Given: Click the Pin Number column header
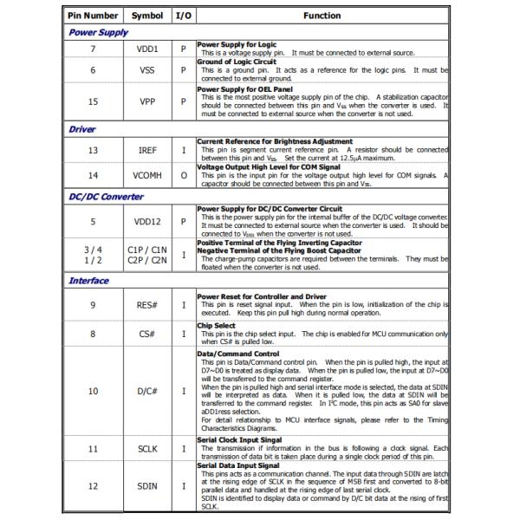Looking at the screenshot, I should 94,16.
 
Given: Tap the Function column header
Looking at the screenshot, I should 322,16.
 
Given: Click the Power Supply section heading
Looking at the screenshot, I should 98,32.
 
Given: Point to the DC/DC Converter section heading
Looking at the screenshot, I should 106,196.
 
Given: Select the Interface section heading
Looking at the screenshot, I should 88,281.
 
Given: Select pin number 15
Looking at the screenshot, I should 93,101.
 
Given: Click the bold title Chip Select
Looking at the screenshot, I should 216,326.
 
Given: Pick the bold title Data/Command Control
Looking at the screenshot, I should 238,354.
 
